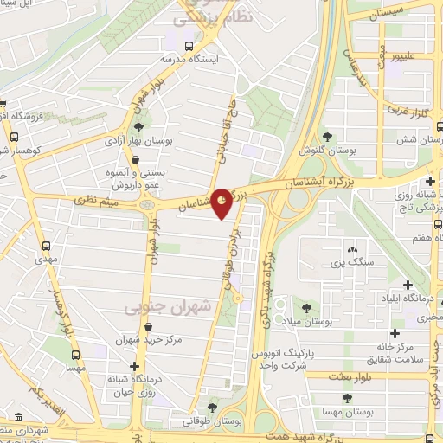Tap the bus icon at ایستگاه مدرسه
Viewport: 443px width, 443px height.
pyautogui.click(x=189, y=44)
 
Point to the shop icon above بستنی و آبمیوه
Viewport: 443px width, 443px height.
pyautogui.click(x=138, y=157)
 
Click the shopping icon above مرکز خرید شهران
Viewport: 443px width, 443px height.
pyautogui.click(x=151, y=327)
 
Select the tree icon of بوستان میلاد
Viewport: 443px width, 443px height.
pyautogui.click(x=307, y=305)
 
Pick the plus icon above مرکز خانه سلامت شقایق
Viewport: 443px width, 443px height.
pyautogui.click(x=395, y=333)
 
